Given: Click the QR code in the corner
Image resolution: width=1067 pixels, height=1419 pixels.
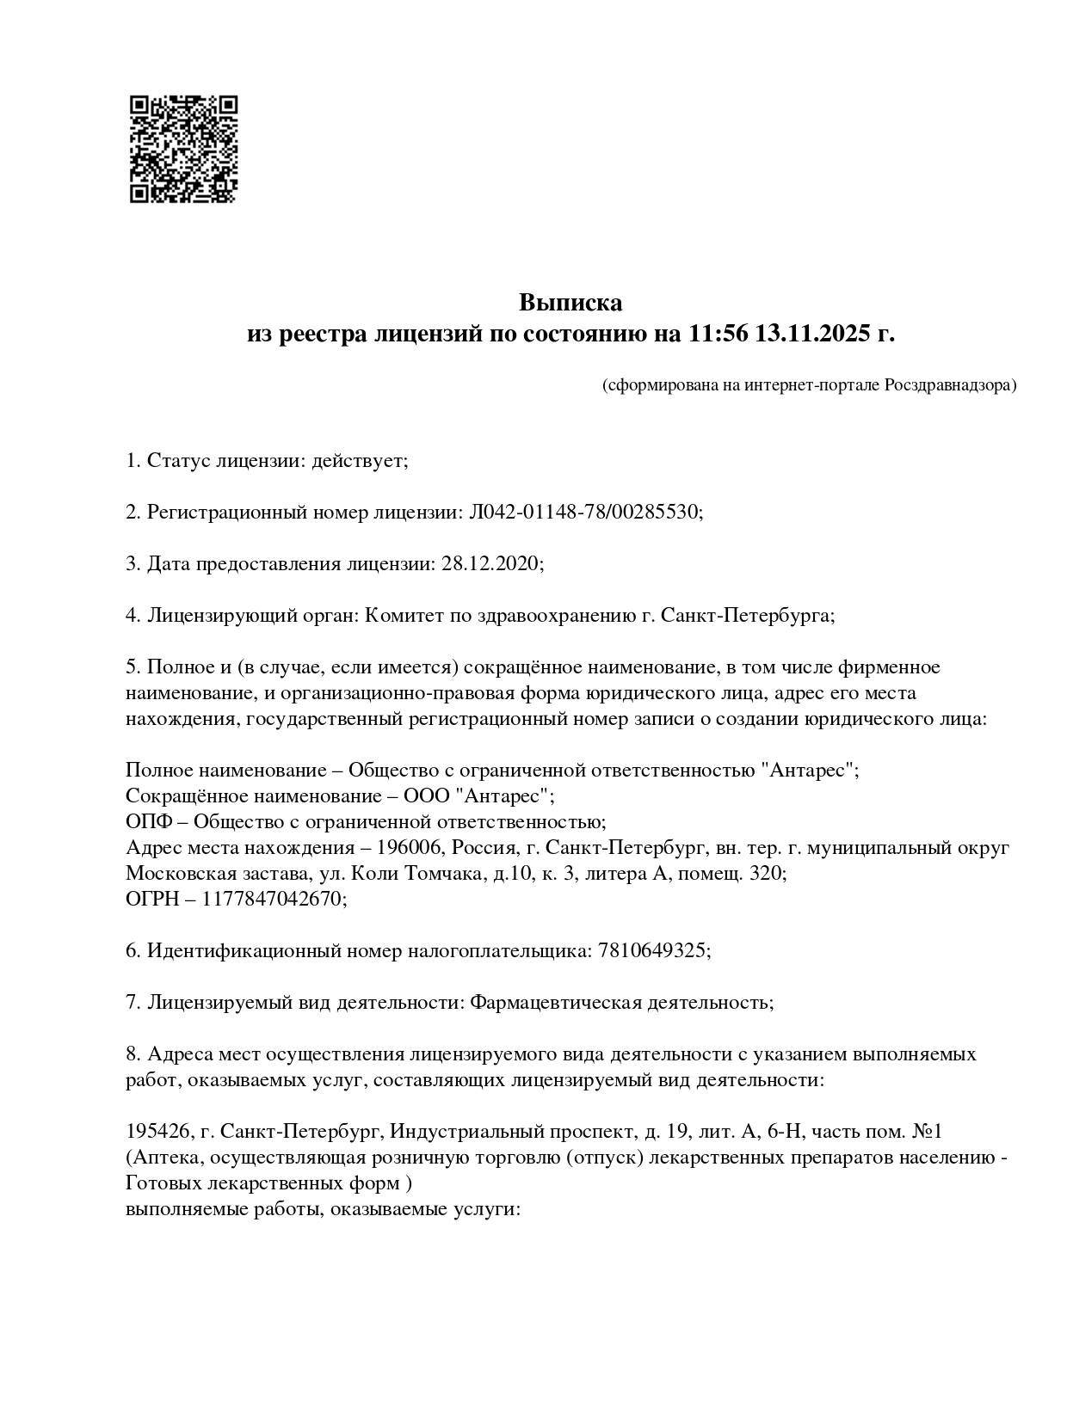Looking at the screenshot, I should coord(182,149).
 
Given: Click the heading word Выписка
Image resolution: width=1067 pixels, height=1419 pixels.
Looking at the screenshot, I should coord(570,303).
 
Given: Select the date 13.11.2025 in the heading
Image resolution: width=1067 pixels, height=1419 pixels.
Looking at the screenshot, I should coord(813,334).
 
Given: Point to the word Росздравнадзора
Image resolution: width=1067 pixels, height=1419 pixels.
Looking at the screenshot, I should coord(950,385).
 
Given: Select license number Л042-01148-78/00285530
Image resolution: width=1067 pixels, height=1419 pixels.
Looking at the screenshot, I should coord(584,513).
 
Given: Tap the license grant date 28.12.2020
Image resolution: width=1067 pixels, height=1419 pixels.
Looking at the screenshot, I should coord(490,564).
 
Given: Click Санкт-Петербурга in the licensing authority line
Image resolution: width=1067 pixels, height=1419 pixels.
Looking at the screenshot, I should coord(747,616).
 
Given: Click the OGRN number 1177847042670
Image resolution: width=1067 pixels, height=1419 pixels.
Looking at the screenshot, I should coord(273,900).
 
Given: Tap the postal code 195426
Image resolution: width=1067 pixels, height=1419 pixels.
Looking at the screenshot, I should coord(152,1132).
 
